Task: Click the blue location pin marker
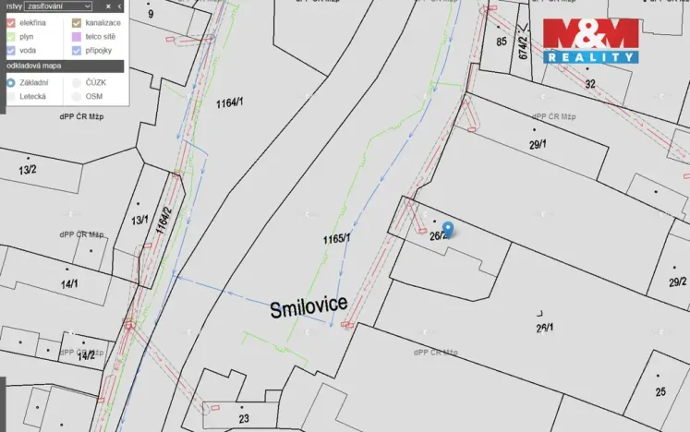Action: (448, 229)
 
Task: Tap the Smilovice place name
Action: (309, 308)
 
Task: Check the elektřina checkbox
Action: (10, 21)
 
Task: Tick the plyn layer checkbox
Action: (10, 36)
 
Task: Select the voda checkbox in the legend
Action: (10, 51)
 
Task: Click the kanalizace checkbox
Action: (77, 21)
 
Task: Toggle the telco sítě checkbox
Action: (77, 36)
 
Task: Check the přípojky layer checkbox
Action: (77, 51)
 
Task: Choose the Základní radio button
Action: (10, 82)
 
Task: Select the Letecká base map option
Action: (10, 96)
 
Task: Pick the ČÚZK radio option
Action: (77, 82)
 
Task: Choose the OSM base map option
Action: (77, 96)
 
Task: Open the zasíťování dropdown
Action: (59, 6)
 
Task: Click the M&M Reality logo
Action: (590, 41)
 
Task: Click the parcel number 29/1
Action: (538, 145)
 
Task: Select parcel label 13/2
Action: (28, 170)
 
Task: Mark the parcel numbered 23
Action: (243, 418)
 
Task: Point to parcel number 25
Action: (660, 391)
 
